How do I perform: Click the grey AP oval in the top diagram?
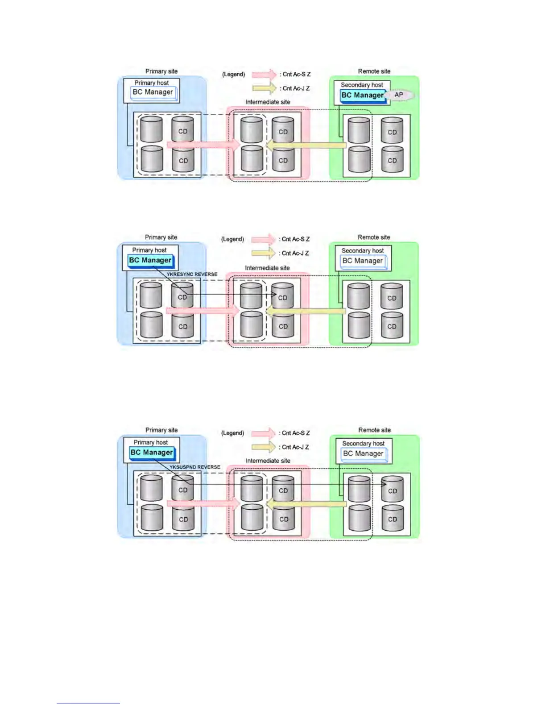pyautogui.click(x=399, y=95)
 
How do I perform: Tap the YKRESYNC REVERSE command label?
pyautogui.click(x=192, y=274)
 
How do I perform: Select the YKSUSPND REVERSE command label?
pyautogui.click(x=195, y=467)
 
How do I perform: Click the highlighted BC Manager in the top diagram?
pyautogui.click(x=362, y=95)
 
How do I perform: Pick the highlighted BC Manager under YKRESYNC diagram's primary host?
pyautogui.click(x=150, y=260)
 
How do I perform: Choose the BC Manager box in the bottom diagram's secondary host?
pyautogui.click(x=363, y=453)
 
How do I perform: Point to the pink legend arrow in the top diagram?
pyautogui.click(x=264, y=74)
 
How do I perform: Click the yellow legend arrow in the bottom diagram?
pyautogui.click(x=263, y=447)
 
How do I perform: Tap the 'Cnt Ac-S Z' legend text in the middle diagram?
pyautogui.click(x=295, y=239)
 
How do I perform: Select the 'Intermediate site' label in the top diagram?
pyautogui.click(x=268, y=102)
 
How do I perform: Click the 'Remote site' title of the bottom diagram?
pyautogui.click(x=374, y=430)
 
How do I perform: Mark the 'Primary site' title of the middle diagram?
pyautogui.click(x=161, y=237)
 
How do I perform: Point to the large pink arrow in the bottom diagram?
pyautogui.click(x=203, y=504)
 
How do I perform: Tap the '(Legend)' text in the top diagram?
pyautogui.click(x=233, y=75)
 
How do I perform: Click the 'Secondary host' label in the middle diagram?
pyautogui.click(x=362, y=250)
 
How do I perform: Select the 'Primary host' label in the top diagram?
pyautogui.click(x=152, y=83)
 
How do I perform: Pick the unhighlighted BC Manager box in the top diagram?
pyautogui.click(x=153, y=92)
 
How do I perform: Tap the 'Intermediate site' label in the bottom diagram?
pyautogui.click(x=268, y=461)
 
